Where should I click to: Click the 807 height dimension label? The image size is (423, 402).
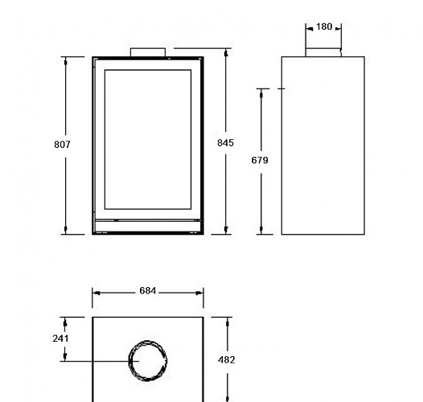pyautogui.click(x=63, y=145)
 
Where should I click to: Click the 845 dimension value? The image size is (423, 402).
pyautogui.click(x=226, y=143)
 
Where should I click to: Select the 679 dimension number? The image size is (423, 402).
pyautogui.click(x=260, y=161)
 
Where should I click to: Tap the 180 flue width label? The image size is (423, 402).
pyautogui.click(x=324, y=27)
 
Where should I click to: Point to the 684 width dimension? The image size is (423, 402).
pyautogui.click(x=146, y=291)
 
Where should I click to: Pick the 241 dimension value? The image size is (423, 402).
pyautogui.click(x=61, y=338)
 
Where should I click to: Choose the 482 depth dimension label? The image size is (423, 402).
pyautogui.click(x=227, y=360)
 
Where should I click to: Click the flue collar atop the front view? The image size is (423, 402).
pyautogui.click(x=148, y=53)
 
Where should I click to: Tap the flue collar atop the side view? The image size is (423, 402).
pyautogui.click(x=323, y=53)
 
